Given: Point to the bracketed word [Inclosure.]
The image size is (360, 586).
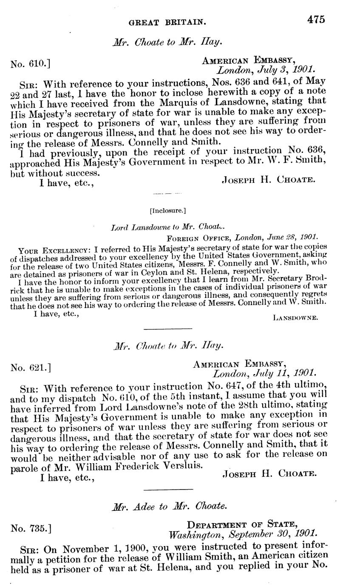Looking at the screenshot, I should coord(168,210).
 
